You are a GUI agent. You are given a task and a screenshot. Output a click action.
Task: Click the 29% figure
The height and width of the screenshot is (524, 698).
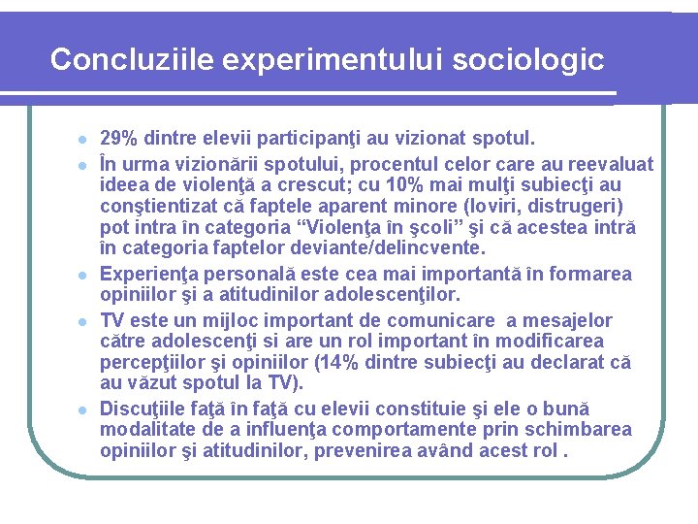(x=118, y=139)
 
